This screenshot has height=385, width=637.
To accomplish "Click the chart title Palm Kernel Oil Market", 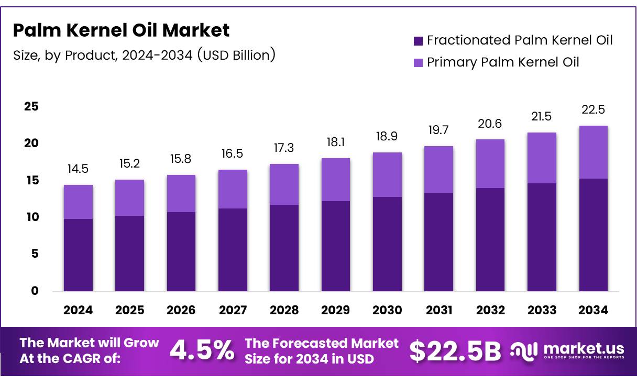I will point(121,30).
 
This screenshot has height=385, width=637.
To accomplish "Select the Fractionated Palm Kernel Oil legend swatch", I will point(418,41).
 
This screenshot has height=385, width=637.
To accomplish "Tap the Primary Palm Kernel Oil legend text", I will point(503,62).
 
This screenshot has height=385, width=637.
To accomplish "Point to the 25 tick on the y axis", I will point(31,106).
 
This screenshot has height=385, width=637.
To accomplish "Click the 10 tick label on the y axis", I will point(31,217).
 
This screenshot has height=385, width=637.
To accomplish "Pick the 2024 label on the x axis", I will point(78,310).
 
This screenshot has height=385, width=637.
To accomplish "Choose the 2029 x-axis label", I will point(336,310).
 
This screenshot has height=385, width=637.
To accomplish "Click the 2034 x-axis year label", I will point(594,310).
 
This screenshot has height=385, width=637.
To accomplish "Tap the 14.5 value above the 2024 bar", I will point(78,170).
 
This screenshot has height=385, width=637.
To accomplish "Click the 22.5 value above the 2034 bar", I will point(594,110).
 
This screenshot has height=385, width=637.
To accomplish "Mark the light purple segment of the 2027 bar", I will point(233,189).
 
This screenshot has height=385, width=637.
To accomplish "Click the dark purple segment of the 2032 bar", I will point(490,239).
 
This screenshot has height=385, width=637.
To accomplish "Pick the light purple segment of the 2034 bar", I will point(594,152).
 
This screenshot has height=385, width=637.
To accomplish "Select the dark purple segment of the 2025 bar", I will point(129,254).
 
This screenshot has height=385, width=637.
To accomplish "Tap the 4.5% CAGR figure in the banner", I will point(202,351).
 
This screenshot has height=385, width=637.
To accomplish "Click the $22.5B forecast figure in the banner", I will point(455,351).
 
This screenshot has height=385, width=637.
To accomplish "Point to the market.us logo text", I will point(584,348).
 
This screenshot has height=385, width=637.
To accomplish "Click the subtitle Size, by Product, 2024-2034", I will point(144,54).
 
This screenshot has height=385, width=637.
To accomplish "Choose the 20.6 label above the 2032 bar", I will point(490,124).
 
